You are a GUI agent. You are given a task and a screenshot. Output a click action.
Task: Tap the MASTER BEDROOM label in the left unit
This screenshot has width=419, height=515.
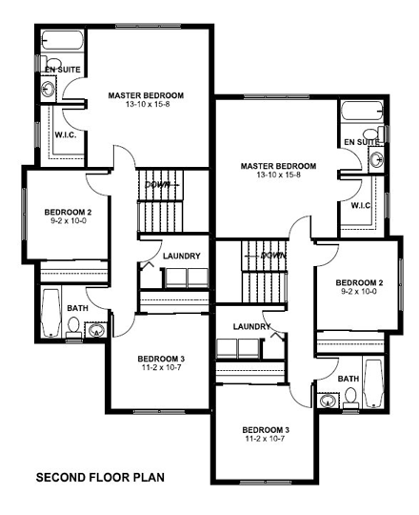pos(146,95)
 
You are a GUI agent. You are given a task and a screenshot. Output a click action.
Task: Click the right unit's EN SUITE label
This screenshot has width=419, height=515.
pos(361,141)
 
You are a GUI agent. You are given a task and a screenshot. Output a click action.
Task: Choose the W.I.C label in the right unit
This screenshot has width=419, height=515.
pos(360,205)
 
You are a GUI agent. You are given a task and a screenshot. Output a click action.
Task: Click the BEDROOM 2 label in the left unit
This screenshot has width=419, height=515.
pos(69,211)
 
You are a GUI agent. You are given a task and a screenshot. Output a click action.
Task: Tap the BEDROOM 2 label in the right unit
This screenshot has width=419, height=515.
pos(359,282)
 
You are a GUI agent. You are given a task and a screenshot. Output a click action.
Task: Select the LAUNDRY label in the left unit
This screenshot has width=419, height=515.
pos(181,256)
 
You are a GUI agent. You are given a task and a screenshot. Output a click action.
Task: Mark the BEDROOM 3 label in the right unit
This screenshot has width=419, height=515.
pos(266,429)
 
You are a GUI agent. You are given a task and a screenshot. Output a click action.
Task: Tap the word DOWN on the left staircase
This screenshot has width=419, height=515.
pos(158,184)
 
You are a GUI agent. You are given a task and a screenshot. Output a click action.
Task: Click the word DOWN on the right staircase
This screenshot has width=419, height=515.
pos(274,255)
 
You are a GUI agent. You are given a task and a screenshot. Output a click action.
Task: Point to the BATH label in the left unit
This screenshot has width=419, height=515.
pos(77,307)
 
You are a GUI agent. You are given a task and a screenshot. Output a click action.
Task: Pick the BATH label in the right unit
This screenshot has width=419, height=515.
pos(349,378)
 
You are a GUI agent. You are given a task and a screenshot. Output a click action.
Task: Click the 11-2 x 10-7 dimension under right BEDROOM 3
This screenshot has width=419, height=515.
pos(266,440)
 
